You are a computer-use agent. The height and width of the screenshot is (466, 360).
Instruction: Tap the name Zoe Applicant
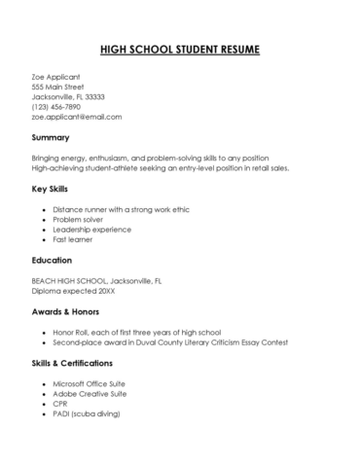[55, 77]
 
